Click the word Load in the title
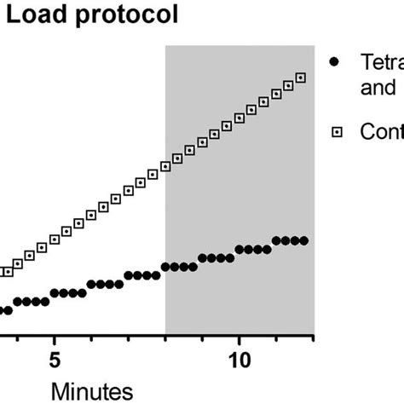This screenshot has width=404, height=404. (x=32, y=16)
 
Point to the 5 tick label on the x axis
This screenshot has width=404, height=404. (x=55, y=361)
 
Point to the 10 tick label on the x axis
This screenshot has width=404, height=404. (x=240, y=361)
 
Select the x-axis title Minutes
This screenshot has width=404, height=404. (x=93, y=390)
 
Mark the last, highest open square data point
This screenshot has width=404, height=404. (x=300, y=78)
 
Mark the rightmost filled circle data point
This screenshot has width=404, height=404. (x=303, y=240)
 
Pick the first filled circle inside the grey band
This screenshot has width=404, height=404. (x=166, y=267)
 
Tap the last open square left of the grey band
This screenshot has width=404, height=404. (x=153, y=175)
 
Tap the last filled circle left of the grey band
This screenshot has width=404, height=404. (x=156, y=275)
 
